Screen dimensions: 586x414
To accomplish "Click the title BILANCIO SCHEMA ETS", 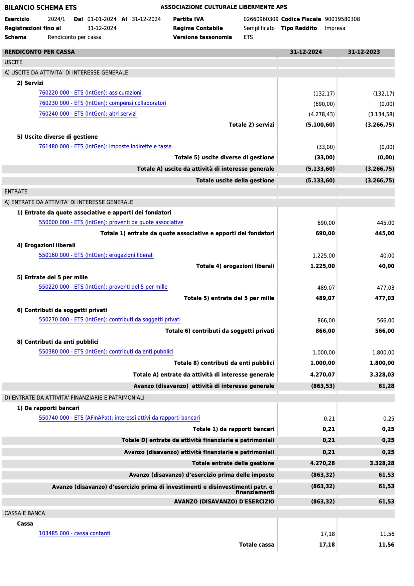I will coord(40,7).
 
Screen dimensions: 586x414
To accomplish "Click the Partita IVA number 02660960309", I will coord(261,19).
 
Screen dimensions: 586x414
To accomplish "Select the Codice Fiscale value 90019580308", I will coord(342,19).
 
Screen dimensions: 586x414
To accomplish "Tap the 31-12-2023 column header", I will coord(364,52).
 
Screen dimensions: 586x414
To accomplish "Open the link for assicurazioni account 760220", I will coord(90,93).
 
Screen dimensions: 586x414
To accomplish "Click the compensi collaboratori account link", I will coord(102,103).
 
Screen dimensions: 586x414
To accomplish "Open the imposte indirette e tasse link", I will coord(105,147).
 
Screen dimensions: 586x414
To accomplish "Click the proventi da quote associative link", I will coord(111,223).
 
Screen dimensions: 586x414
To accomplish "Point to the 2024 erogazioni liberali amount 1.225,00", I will coord(323,256).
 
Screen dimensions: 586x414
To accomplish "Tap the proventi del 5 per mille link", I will coord(103,287).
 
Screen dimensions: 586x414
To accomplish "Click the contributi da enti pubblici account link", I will coord(106,352).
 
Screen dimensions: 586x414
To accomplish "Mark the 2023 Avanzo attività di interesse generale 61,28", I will coord(386,386).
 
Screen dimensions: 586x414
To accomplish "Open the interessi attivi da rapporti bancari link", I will coord(119,418).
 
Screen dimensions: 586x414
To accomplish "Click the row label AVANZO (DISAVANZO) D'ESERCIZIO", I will coord(224,501).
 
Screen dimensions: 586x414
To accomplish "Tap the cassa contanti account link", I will coord(75,534).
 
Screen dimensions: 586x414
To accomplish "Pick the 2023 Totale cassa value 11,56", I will coord(386,545).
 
